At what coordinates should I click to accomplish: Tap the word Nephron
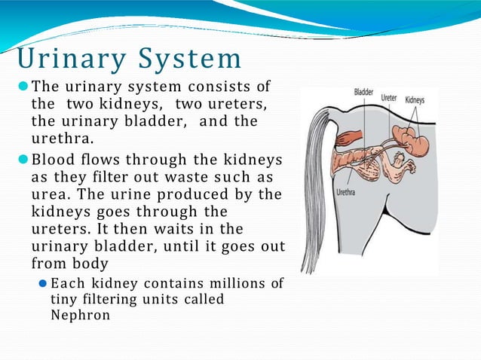point(80,315)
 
